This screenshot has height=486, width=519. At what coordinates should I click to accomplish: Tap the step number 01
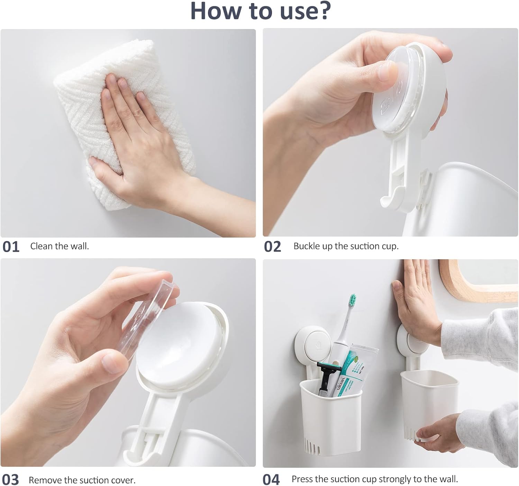pos(11,247)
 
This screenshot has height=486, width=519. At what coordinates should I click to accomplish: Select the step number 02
pos(273,247)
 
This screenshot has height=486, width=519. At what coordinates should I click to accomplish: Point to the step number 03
pos(11,479)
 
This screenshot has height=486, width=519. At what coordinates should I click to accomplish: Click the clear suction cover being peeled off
pos(146,318)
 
